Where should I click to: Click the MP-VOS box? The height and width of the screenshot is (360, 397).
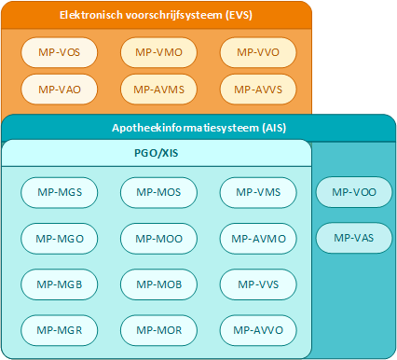(59, 51)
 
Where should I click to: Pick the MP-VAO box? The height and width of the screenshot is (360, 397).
(59, 90)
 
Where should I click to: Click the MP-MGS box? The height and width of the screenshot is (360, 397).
(59, 192)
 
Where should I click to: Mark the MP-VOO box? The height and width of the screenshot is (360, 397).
(353, 192)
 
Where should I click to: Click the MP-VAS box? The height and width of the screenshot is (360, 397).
(353, 238)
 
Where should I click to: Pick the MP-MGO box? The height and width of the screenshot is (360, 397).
(59, 238)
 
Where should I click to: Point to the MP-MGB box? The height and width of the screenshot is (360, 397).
(59, 284)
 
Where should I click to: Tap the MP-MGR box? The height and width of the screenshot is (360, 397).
(59, 329)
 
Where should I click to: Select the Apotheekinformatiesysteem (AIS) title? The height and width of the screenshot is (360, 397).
(198, 128)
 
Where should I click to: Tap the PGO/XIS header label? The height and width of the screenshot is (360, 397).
(156, 152)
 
